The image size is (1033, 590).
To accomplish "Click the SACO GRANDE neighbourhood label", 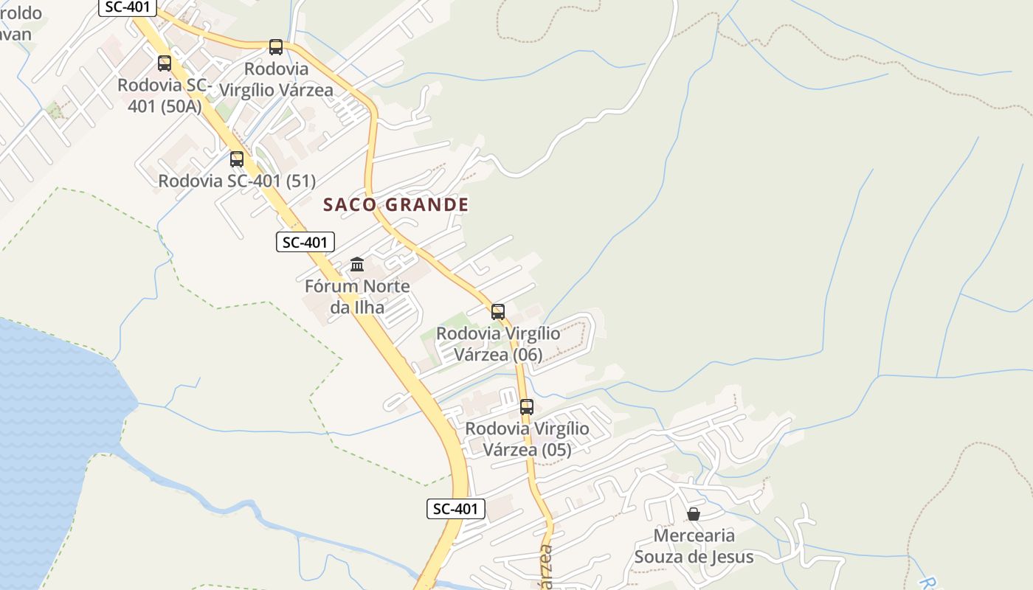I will point(395,204).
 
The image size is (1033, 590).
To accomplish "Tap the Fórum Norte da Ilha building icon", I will point(357,264).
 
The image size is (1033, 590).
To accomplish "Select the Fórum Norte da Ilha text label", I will point(357,296).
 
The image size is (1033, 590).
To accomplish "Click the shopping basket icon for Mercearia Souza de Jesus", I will point(694,513).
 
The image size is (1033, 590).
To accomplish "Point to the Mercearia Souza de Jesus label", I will point(694,546).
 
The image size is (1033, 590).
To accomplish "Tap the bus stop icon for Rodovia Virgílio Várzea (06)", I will point(498,311).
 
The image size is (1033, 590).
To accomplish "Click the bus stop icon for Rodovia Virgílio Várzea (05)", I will point(527,406).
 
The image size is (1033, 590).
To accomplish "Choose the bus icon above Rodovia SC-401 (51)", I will point(237,159).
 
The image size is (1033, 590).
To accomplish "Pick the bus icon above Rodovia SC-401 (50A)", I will point(165,63).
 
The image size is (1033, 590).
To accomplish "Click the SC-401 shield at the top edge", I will point(128,7).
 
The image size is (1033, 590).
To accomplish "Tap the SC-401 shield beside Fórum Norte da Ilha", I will point(305,241).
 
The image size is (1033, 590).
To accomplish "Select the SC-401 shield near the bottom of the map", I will point(456,508).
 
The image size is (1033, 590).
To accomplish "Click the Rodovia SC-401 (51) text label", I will point(237,181).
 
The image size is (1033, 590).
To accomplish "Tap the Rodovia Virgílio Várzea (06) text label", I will point(498,344).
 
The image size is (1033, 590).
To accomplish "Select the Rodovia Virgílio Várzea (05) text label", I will point(527,439).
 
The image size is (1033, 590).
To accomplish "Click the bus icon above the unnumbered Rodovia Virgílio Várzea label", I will point(276,47).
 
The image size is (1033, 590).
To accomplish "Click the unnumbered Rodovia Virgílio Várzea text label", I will point(277,79).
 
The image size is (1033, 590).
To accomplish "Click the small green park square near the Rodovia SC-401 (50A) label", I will point(54,111).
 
